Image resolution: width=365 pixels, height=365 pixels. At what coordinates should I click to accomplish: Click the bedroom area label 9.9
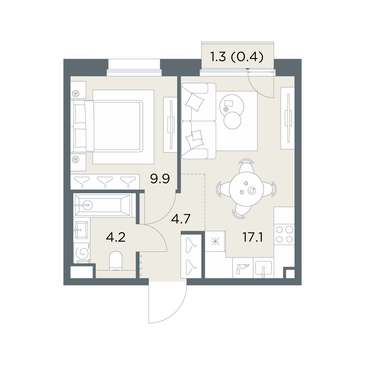tap(160, 179)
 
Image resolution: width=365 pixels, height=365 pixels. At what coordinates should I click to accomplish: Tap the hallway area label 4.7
tap(181, 219)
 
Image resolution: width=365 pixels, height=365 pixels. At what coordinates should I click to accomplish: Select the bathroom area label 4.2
tap(116, 237)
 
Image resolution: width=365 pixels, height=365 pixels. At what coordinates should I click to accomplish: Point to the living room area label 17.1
tap(253, 238)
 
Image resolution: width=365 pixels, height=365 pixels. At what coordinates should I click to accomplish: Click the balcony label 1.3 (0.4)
tap(237, 57)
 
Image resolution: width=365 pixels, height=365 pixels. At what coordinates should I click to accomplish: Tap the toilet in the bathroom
tap(116, 261)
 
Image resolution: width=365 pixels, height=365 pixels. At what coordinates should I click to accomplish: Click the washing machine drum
tap(82, 252)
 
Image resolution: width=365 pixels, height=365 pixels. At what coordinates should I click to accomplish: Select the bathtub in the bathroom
tap(103, 205)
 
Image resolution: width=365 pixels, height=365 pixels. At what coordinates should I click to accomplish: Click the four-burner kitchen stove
tap(284, 234)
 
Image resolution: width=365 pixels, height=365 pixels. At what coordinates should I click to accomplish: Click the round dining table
tap(246, 189)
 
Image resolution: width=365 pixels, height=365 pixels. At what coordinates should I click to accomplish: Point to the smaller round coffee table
tap(232, 120)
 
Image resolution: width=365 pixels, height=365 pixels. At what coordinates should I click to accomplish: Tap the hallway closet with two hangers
tap(191, 256)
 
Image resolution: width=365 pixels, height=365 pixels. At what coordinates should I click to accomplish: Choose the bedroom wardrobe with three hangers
tap(105, 182)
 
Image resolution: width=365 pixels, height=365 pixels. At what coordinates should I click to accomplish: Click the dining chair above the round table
tap(246, 165)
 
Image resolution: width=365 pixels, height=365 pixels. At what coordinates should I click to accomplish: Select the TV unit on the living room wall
tap(288, 118)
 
